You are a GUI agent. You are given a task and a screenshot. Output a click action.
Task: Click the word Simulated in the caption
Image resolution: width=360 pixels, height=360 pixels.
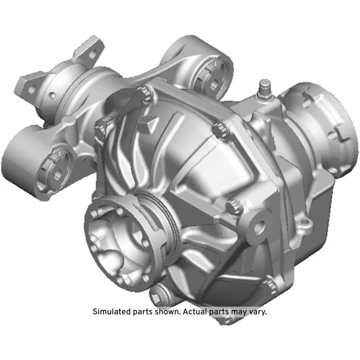110,311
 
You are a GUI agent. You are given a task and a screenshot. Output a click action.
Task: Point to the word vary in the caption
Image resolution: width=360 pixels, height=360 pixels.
256,311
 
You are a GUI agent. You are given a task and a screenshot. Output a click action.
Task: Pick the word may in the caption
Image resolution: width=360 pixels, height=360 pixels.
237,311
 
